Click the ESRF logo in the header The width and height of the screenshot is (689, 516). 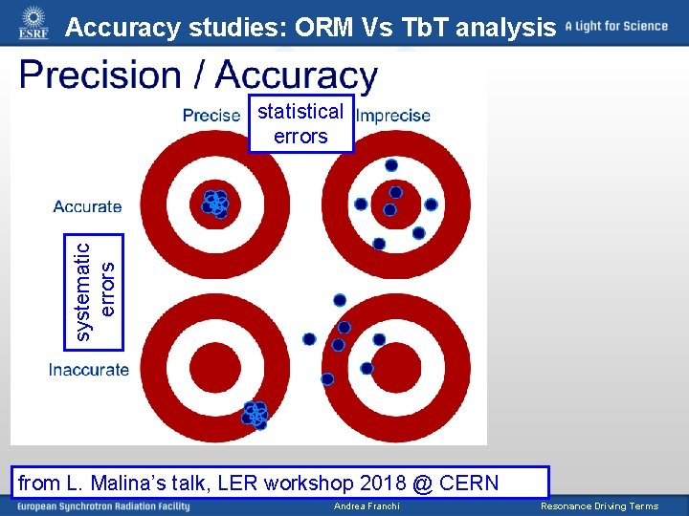33,22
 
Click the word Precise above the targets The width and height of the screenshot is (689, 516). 211,116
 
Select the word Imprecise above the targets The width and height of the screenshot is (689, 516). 393,116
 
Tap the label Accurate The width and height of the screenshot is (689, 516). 87,206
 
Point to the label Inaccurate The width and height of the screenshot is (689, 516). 89,370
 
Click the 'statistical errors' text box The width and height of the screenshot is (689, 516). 300,123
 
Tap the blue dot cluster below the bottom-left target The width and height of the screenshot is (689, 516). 256,414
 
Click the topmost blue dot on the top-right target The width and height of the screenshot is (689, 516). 391,165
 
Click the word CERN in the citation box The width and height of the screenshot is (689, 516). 469,483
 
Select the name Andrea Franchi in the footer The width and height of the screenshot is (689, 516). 367,506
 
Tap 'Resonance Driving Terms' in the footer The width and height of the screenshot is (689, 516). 599,506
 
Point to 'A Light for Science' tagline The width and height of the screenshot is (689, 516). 616,26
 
